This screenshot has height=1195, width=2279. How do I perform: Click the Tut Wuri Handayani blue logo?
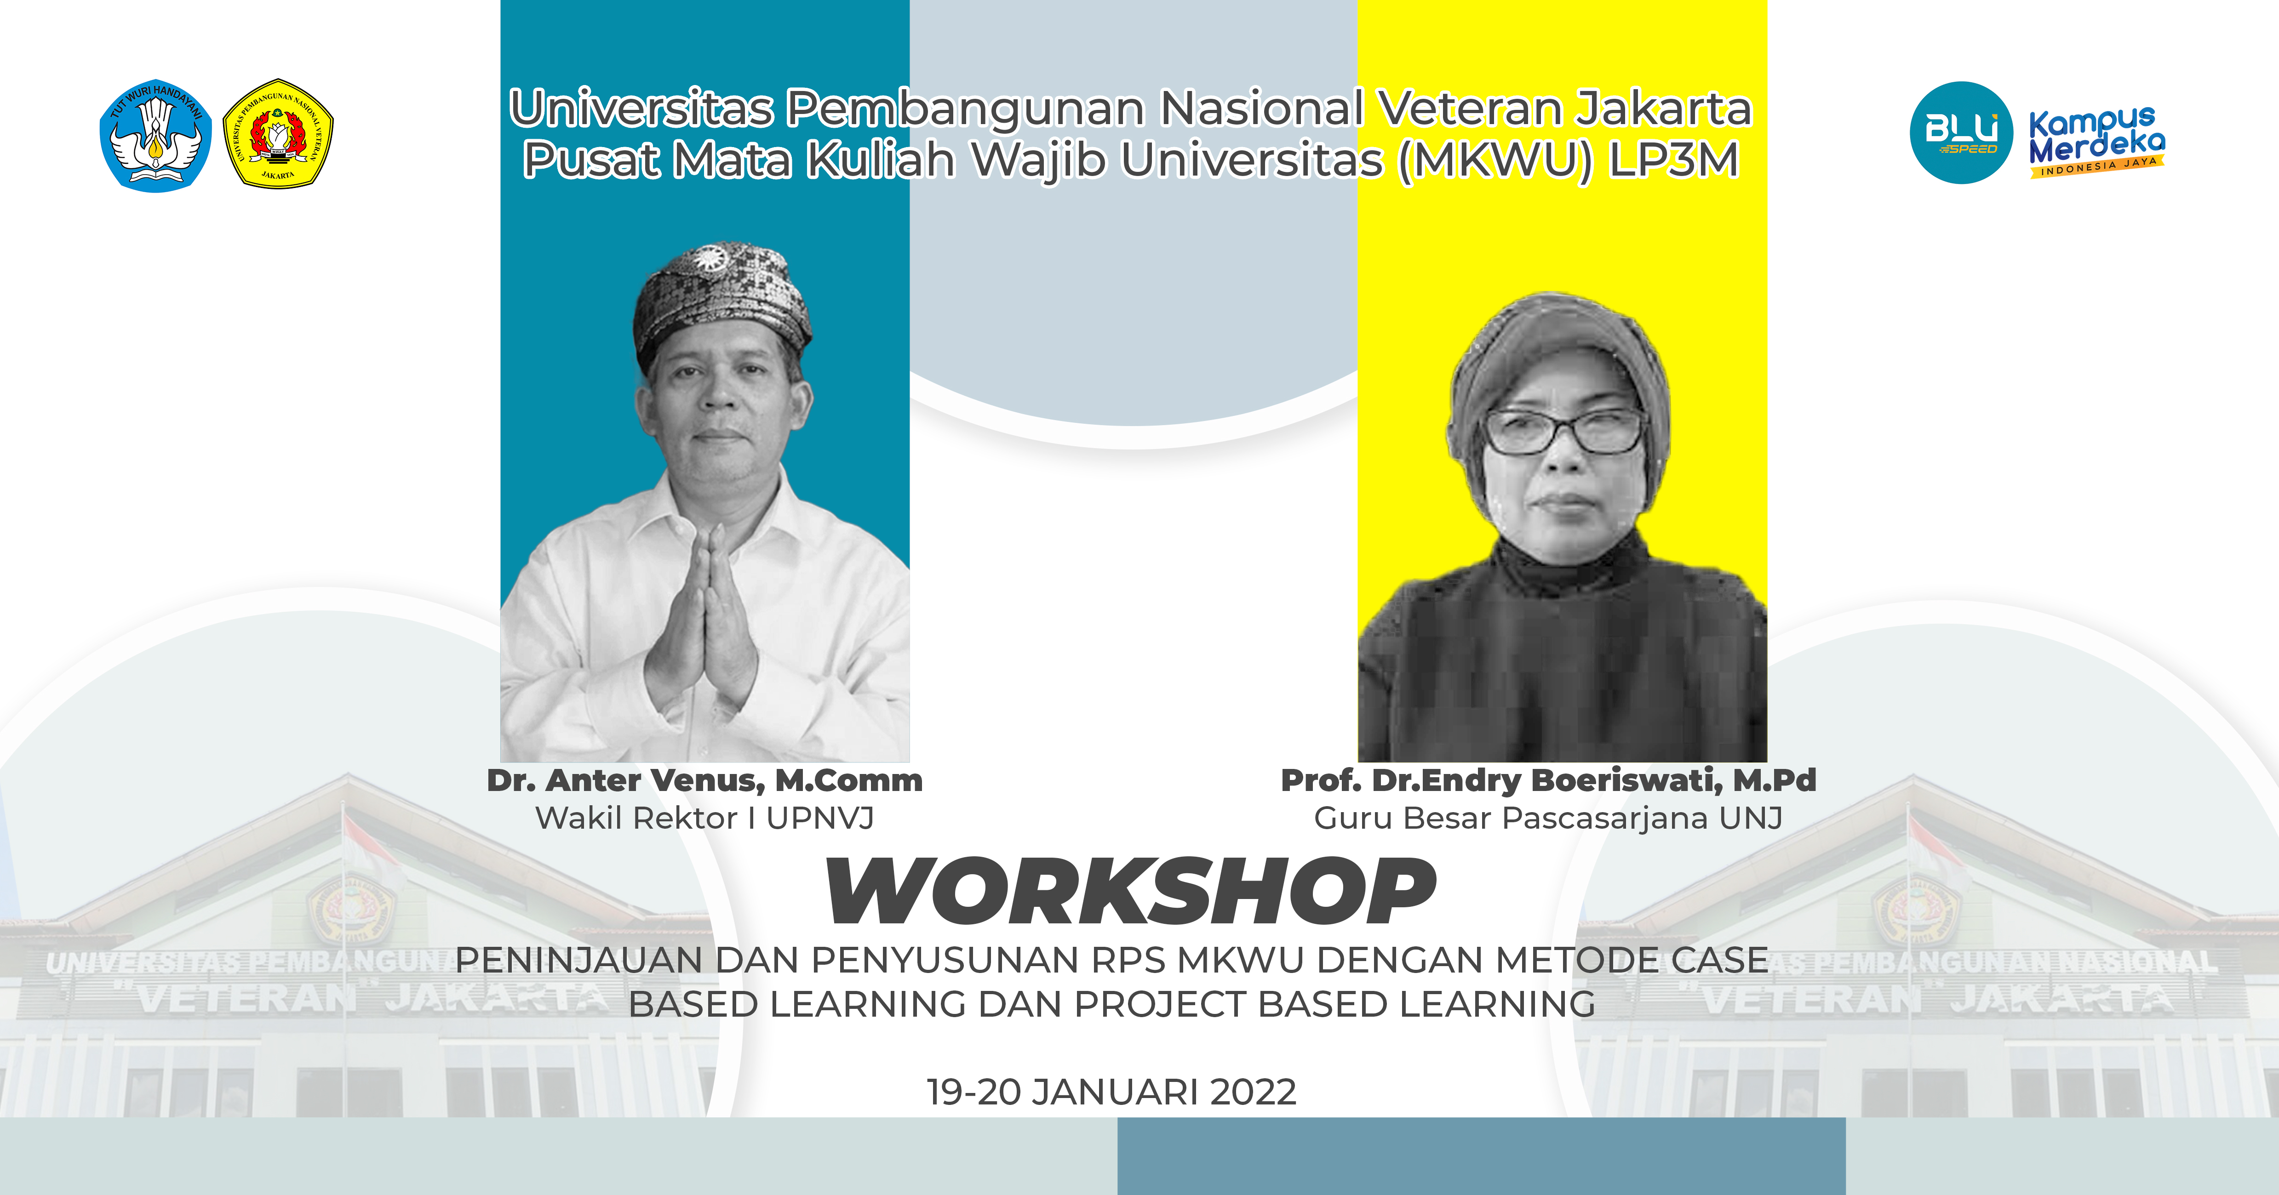[156, 135]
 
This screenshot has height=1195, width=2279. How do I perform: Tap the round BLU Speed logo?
[1961, 133]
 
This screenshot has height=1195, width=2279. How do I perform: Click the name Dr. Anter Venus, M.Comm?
[704, 780]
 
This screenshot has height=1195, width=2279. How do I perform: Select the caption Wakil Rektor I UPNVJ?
[704, 818]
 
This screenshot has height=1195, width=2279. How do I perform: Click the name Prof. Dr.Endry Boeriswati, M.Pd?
[1548, 780]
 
